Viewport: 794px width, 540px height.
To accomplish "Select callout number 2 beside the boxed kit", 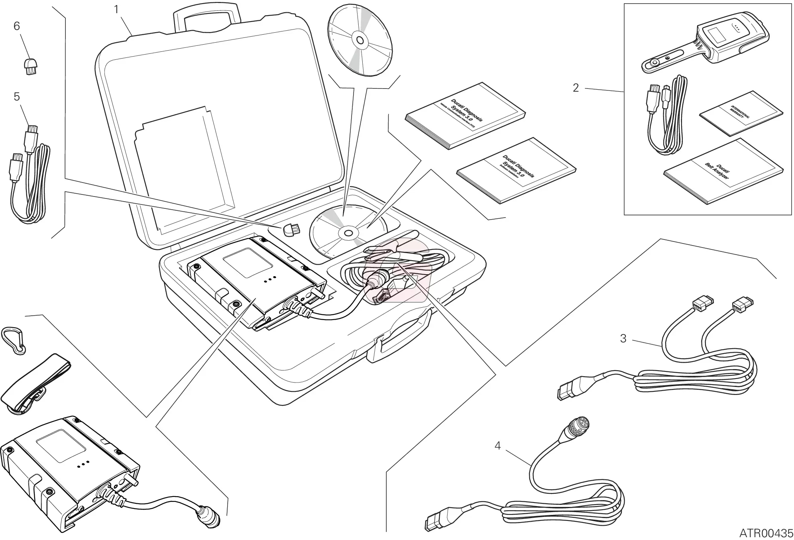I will tap(575, 88).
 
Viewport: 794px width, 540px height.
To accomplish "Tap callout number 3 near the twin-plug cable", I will tap(623, 338).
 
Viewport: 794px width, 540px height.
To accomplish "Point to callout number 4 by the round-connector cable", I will tap(497, 446).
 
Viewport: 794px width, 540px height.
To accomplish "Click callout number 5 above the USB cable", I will tap(17, 97).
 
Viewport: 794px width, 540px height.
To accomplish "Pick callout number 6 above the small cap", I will tap(17, 26).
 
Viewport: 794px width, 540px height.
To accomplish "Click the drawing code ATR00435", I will tap(766, 532).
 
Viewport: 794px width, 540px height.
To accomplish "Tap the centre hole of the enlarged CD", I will tap(360, 40).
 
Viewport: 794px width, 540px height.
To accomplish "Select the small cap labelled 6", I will tap(29, 66).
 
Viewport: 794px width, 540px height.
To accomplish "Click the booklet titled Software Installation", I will tap(516, 171).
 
